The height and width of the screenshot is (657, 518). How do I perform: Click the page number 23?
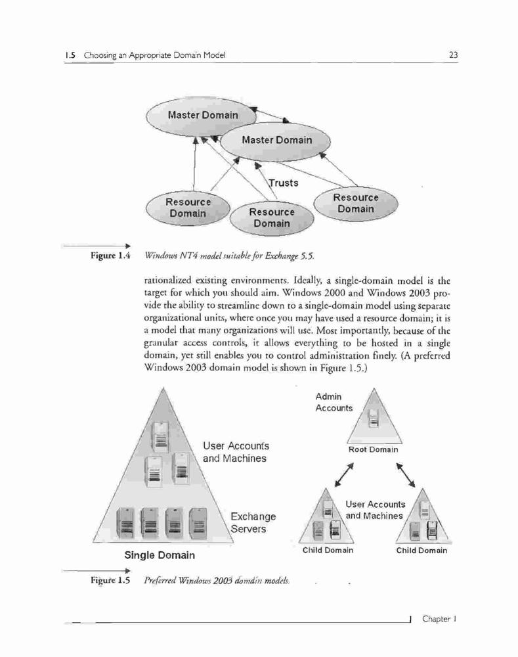coord(453,55)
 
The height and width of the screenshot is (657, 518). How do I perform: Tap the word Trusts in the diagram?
coord(284,183)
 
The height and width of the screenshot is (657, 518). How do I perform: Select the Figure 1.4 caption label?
coord(110,255)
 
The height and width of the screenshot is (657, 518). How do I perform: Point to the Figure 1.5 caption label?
coord(110,580)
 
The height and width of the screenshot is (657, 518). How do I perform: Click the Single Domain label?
coord(160,555)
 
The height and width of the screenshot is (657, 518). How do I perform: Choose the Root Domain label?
coord(373,449)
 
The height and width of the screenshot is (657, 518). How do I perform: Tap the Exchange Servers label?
coord(253,522)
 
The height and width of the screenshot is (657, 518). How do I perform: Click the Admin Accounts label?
coord(334,402)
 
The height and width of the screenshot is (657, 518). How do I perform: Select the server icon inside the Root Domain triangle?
coord(374,418)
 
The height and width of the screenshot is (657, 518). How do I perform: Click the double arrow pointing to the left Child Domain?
coord(344,475)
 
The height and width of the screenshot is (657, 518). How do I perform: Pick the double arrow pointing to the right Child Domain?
coord(406,475)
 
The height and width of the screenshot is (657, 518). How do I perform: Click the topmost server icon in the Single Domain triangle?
coord(160,437)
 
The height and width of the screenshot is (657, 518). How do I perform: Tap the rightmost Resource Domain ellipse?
coord(356,204)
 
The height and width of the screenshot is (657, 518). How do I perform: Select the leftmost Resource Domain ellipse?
coord(188,208)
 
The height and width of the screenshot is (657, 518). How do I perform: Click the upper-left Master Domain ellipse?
coord(202,115)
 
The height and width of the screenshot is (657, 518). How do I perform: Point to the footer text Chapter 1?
coord(439,619)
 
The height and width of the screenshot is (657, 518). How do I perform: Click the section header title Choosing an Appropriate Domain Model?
coord(154,55)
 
